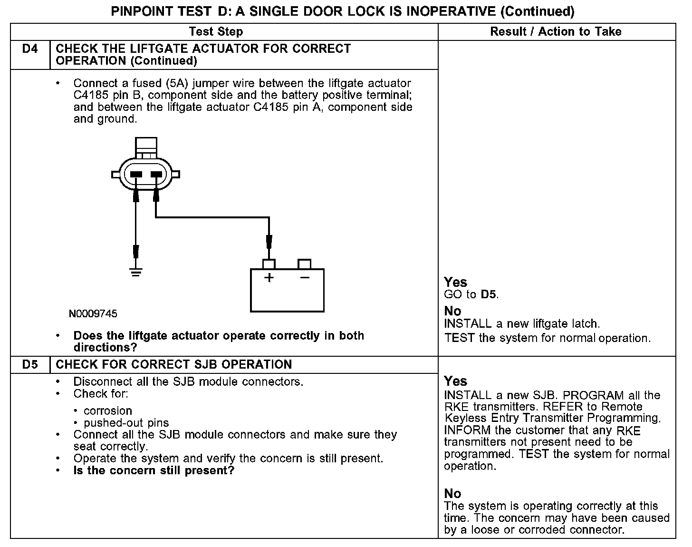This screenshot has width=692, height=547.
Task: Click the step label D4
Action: pyautogui.click(x=30, y=49)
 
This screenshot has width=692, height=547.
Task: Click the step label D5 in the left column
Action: pyautogui.click(x=30, y=365)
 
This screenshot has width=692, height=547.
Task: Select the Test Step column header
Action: pyautogui.click(x=216, y=32)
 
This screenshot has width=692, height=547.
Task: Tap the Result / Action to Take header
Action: pyautogui.click(x=556, y=32)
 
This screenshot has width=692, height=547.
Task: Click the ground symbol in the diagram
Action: pyautogui.click(x=136, y=273)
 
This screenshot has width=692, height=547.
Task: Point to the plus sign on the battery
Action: pyautogui.click(x=269, y=277)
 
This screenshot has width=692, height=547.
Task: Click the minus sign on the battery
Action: pyautogui.click(x=305, y=277)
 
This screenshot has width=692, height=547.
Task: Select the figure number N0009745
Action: pyautogui.click(x=93, y=314)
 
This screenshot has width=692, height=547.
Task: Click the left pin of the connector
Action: pyautogui.click(x=136, y=175)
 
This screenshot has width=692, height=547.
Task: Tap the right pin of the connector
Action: pyautogui.click(x=156, y=175)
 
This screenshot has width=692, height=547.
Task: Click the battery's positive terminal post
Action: pyautogui.click(x=269, y=264)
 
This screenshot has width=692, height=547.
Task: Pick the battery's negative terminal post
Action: pyautogui.click(x=304, y=264)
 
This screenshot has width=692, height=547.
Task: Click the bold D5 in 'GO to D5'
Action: pyautogui.click(x=489, y=294)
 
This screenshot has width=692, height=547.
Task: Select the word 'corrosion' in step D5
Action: pyautogui.click(x=108, y=411)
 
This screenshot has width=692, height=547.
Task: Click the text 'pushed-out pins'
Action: pyautogui.click(x=126, y=423)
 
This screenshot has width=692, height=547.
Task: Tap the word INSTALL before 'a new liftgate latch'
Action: pyautogui.click(x=468, y=324)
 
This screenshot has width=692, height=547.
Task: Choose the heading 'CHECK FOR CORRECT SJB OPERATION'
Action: pyautogui.click(x=174, y=365)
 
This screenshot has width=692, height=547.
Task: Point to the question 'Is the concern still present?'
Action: pyautogui.click(x=154, y=471)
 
